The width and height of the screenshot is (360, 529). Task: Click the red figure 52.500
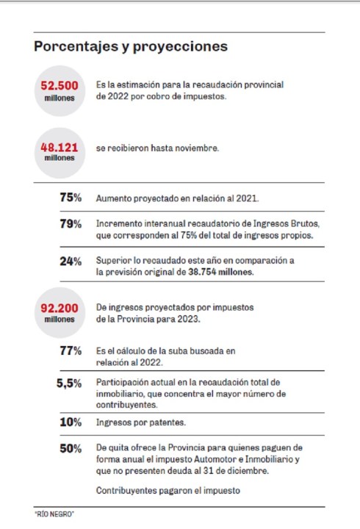tap(60, 85)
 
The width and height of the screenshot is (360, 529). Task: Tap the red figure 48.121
tap(60, 148)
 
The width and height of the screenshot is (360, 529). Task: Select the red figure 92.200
tap(60, 308)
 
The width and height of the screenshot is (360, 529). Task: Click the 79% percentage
tap(71, 223)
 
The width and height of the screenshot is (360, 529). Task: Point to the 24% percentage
tap(71, 261)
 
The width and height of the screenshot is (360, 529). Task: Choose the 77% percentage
tap(71, 351)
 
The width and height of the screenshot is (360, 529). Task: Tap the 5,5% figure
tap(69, 384)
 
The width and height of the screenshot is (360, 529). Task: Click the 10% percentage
tap(71, 422)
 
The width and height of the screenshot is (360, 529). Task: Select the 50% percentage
tap(71, 448)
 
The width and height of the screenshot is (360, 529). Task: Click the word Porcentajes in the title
tap(76, 46)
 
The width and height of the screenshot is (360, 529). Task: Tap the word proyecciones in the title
tap(180, 47)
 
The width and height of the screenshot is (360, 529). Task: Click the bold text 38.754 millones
tap(220, 272)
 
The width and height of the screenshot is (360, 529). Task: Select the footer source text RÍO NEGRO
tap(54, 514)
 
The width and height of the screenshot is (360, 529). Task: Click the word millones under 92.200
tap(60, 319)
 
